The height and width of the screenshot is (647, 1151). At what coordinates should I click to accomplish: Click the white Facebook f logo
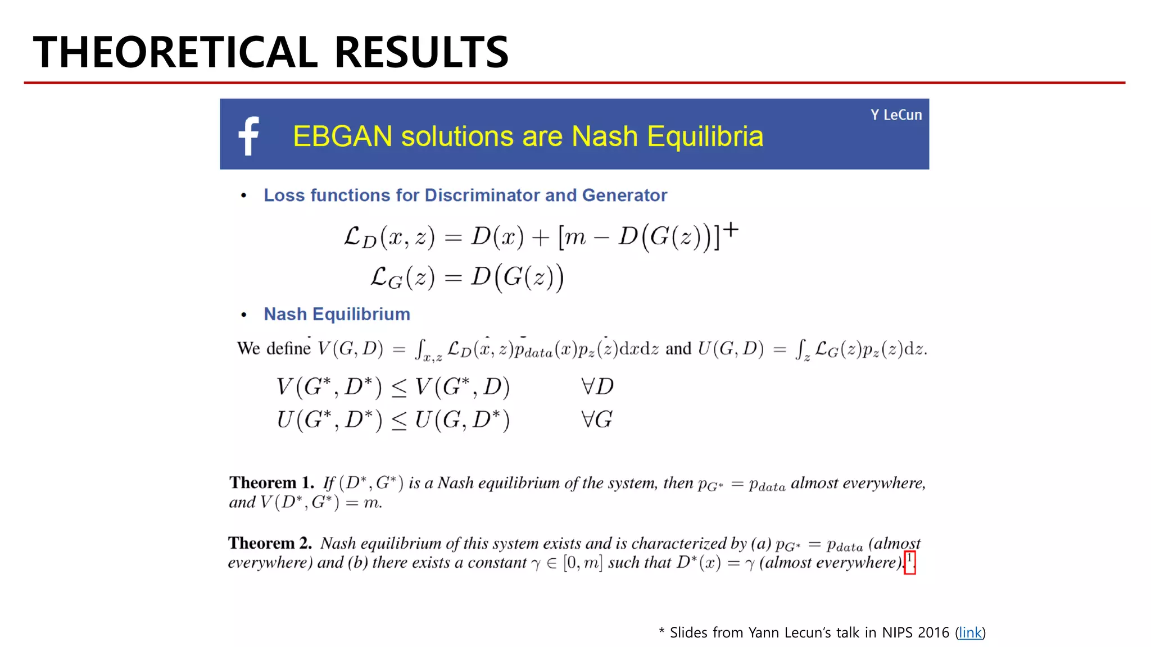click(249, 135)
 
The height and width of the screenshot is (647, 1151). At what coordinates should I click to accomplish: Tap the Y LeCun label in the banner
click(896, 115)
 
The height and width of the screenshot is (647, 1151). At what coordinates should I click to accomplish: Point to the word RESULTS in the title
click(422, 52)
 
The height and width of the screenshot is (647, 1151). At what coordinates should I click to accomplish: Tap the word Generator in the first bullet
click(624, 195)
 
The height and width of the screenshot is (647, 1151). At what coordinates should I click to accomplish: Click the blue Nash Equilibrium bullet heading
click(337, 314)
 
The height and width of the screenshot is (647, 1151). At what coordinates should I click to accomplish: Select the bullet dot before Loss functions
click(243, 195)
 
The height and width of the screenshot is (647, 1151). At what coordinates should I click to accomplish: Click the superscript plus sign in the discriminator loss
click(731, 229)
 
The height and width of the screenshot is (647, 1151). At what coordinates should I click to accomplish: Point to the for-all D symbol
click(597, 386)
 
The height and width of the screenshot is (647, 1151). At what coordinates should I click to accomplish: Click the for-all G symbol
click(597, 420)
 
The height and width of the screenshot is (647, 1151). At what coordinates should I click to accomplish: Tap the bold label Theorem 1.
click(271, 483)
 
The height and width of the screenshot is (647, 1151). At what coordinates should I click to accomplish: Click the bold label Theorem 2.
click(270, 543)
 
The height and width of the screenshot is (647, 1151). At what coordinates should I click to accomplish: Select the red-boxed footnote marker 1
click(909, 561)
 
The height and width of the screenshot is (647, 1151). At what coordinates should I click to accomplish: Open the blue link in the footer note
click(970, 632)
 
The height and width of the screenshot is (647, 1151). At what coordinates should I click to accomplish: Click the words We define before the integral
click(274, 349)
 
